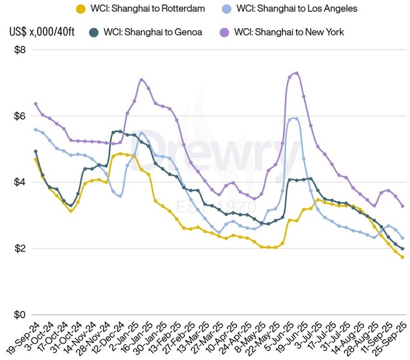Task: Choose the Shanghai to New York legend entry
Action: (x=291, y=31)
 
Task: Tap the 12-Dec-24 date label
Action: (x=109, y=336)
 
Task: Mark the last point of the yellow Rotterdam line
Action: (x=402, y=257)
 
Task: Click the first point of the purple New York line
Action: (x=35, y=103)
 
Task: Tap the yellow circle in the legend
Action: (x=81, y=9)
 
